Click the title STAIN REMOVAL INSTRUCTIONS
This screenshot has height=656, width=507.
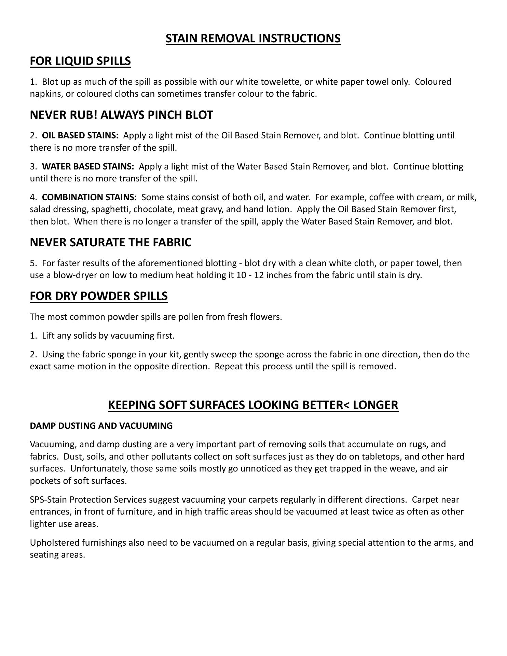(253, 38)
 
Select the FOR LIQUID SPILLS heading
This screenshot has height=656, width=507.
(80, 61)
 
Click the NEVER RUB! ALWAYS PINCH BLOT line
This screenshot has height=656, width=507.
(121, 115)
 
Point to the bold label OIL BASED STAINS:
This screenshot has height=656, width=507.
(80, 136)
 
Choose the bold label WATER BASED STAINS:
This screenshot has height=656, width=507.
(88, 167)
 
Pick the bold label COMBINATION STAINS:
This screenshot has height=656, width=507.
(89, 197)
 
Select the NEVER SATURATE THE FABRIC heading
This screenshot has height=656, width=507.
(111, 242)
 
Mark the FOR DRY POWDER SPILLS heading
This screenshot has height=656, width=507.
(99, 296)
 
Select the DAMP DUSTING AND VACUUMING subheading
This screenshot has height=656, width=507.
(101, 426)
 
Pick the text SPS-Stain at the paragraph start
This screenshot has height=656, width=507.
(48, 500)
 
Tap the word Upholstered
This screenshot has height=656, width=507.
(53, 543)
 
